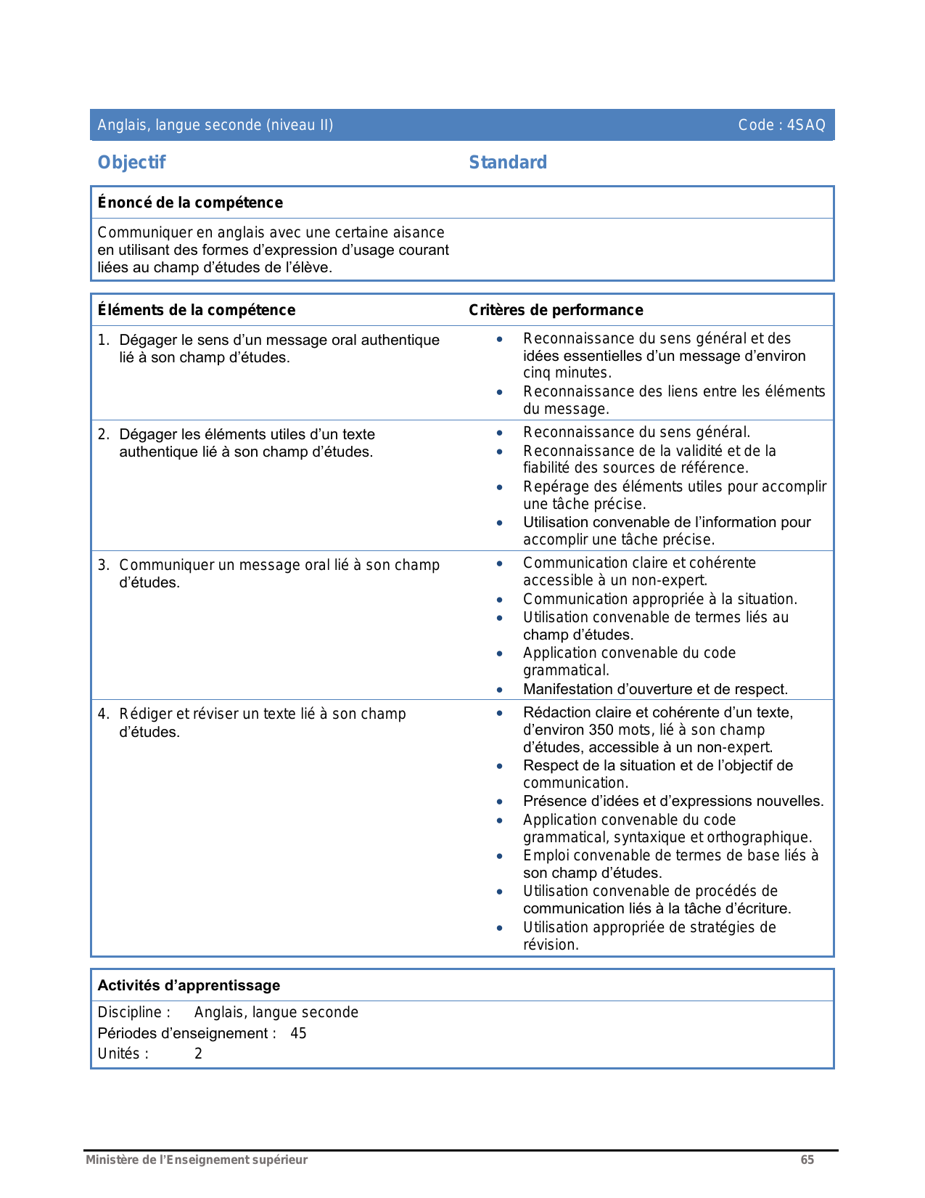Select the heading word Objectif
click(x=131, y=163)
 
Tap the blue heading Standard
click(x=508, y=163)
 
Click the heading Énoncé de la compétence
click(x=190, y=203)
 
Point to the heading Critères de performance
click(x=556, y=310)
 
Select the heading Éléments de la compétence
click(x=197, y=310)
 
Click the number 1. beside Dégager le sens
click(x=103, y=340)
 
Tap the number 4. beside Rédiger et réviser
click(x=103, y=714)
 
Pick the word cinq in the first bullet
click(x=536, y=373)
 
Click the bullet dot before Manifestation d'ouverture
click(x=500, y=690)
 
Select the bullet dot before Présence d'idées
click(x=500, y=802)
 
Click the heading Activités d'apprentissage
click(x=189, y=985)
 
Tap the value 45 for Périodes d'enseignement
click(x=298, y=1033)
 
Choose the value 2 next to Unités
click(x=198, y=1054)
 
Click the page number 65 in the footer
click(x=807, y=1160)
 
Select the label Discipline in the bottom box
click(x=129, y=1012)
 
